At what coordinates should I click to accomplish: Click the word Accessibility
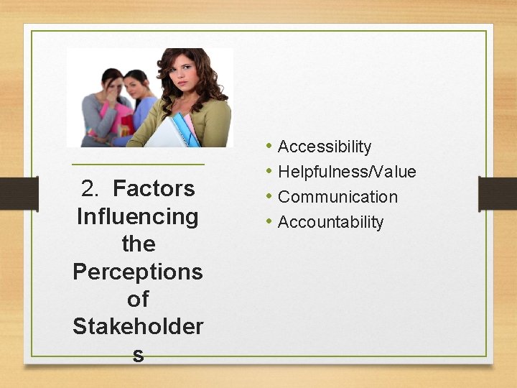(324, 147)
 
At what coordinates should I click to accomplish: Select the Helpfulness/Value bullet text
(346, 172)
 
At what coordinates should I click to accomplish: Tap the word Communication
(337, 197)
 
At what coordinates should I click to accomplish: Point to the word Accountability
(330, 222)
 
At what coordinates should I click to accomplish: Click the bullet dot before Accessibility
(268, 147)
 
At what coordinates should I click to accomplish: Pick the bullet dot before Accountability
(268, 221)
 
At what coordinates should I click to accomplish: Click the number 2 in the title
(90, 189)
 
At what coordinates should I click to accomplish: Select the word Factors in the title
(154, 189)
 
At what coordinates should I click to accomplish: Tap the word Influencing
(137, 216)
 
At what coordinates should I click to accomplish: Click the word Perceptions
(138, 272)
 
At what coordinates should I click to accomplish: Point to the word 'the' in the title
(138, 244)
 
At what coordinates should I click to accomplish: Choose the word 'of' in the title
(138, 299)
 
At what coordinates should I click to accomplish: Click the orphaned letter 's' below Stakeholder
(138, 354)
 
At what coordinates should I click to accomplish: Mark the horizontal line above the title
(138, 165)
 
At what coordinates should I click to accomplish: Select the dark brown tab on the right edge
(498, 193)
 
